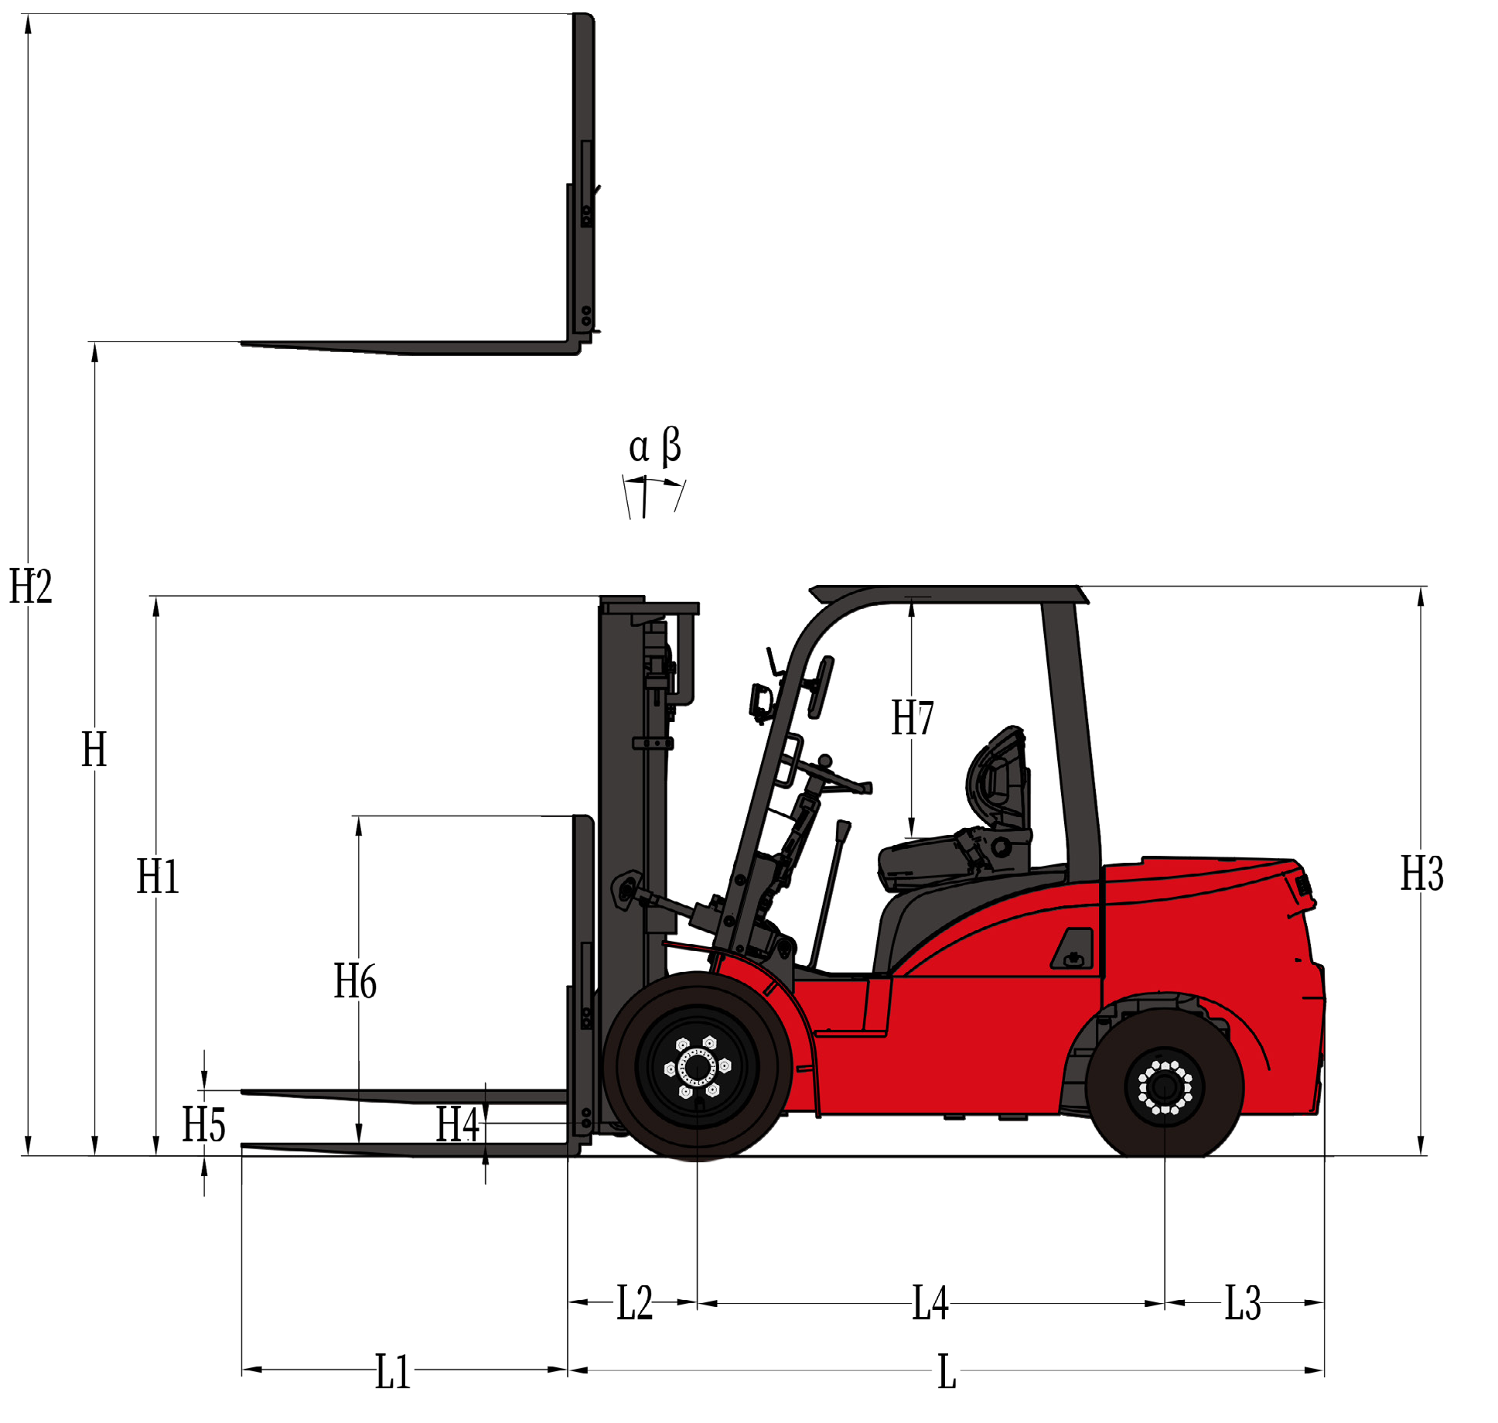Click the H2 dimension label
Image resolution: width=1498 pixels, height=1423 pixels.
pos(31,586)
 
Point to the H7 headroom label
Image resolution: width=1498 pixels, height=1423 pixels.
pos(913,717)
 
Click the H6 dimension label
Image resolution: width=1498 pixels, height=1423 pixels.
pos(355,981)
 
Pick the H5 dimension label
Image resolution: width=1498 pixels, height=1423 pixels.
pos(203,1124)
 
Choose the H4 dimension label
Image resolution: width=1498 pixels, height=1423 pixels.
pos(458,1124)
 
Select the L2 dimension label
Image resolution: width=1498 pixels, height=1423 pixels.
pos(634,1302)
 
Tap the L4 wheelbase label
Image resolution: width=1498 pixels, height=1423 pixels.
pos(930,1302)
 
